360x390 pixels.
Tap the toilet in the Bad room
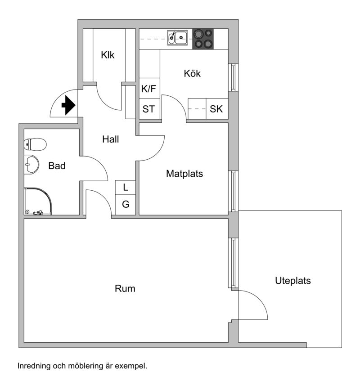pyautogui.click(x=36, y=144)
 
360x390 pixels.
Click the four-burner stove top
pyautogui.click(x=203, y=39)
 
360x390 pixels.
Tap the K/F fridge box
pyautogui.click(x=149, y=89)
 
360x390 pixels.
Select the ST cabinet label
pyautogui.click(x=149, y=109)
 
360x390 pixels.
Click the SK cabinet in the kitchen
pyautogui.click(x=216, y=109)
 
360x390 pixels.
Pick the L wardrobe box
pyautogui.click(x=126, y=187)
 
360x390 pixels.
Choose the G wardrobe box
pyautogui.click(x=126, y=205)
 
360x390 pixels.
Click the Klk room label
pyautogui.click(x=108, y=55)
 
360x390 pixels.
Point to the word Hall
pyautogui.click(x=110, y=139)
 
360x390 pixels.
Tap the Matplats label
pyautogui.click(x=184, y=173)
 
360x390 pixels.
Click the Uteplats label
pyautogui.click(x=293, y=281)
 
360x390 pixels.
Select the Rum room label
pyautogui.click(x=125, y=288)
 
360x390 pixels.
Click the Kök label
pyautogui.click(x=192, y=73)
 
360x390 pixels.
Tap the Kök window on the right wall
pyautogui.click(x=233, y=77)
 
